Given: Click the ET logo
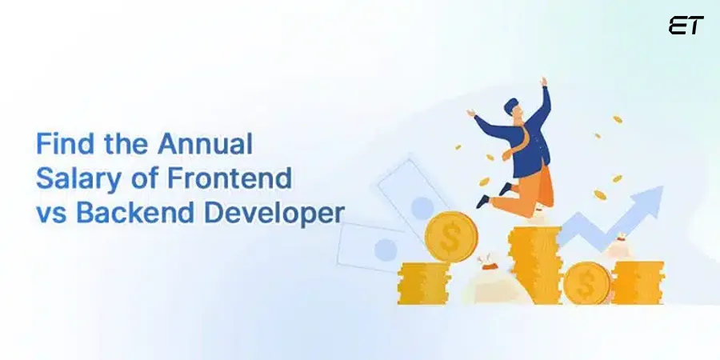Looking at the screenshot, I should point(685,26).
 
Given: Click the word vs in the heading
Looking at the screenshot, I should point(50,213).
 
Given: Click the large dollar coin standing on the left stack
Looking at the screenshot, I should point(450,237).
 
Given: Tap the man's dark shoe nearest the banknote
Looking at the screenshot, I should point(483,200).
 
